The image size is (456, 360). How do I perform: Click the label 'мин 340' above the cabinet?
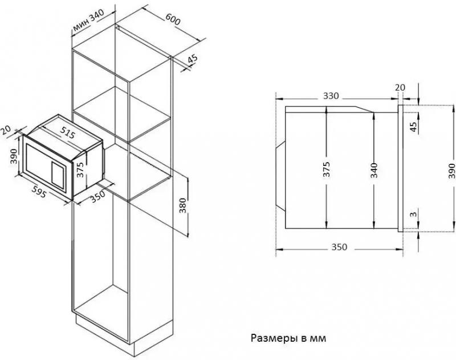(89, 21)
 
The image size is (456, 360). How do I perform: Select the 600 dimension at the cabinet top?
(173, 19)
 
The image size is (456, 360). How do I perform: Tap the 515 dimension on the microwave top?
(67, 133)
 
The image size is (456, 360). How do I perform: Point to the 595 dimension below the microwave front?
(39, 192)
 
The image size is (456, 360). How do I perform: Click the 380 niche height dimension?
(182, 205)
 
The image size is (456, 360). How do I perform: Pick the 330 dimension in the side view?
(331, 96)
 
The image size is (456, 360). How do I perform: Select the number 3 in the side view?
(413, 215)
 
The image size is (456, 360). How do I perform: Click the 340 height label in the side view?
(374, 171)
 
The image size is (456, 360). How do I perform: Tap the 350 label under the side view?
(339, 247)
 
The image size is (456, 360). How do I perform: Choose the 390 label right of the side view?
(451, 171)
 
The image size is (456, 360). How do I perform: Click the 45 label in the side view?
(413, 127)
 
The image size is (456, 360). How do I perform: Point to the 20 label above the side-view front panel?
(400, 87)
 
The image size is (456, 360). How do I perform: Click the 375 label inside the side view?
(327, 169)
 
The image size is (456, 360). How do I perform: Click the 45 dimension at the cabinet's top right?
(192, 59)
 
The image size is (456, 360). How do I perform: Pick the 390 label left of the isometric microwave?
(14, 156)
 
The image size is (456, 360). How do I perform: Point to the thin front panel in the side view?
(400, 168)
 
